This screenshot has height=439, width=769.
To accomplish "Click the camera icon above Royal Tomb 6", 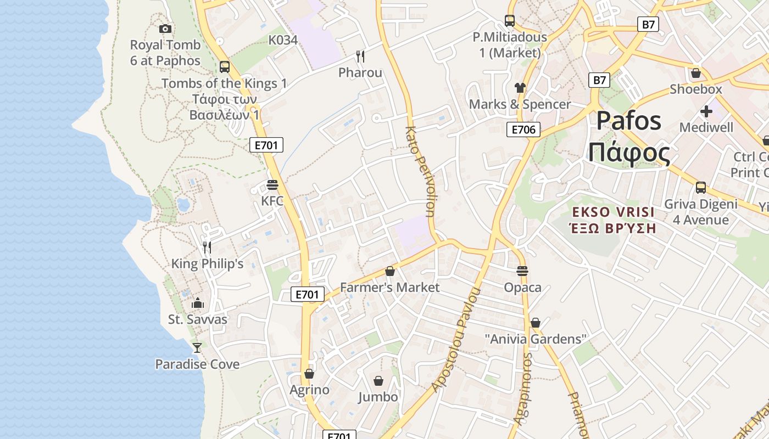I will pos(165,29).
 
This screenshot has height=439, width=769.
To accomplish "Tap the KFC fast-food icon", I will pos(272,184).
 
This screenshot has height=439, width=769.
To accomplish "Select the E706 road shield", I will pos(523,130).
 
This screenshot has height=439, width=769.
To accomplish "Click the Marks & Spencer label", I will pos(520,104).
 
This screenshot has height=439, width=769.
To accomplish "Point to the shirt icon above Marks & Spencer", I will pos(520,87).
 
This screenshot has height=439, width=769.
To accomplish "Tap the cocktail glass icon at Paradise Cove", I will pos(197,347).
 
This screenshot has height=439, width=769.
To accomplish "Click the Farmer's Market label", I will pos(390,288).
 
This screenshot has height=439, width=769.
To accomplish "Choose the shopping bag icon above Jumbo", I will pos(378,381).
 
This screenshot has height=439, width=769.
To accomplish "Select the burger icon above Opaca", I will pos(522,271).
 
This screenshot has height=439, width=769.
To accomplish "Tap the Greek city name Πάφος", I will pos(629,153).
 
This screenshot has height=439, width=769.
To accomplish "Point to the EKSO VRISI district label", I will pos(613,212).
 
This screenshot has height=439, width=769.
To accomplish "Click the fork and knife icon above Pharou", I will pos(360,56).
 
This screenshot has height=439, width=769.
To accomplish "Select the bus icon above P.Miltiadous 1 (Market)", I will pos(510,21).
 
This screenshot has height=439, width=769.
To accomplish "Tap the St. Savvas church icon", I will pos(198,303).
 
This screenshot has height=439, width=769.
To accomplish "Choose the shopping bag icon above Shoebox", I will pos(696,72).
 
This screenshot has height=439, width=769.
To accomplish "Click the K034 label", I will pos(283,40).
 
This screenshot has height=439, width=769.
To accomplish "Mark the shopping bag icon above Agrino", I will pos(309,374).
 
